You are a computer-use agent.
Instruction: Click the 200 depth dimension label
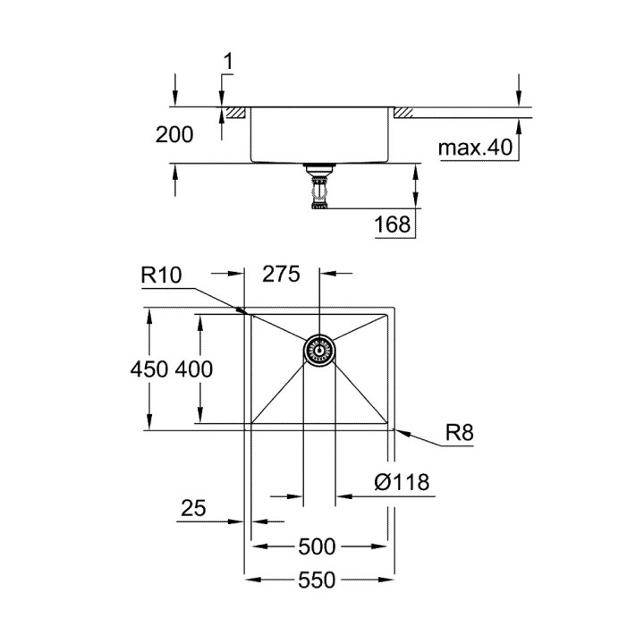(x=174, y=135)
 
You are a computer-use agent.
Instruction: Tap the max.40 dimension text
(x=476, y=148)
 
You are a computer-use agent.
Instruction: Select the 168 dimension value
(x=393, y=225)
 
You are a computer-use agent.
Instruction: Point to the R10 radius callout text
(x=161, y=275)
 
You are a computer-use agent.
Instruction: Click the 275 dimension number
(x=281, y=274)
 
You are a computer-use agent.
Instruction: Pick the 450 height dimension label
(x=149, y=369)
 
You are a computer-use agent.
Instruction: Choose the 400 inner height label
(x=194, y=369)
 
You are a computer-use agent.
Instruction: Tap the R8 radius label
(x=460, y=433)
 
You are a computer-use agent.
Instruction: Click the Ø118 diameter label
(x=402, y=482)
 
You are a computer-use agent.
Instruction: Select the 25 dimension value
(x=193, y=508)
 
